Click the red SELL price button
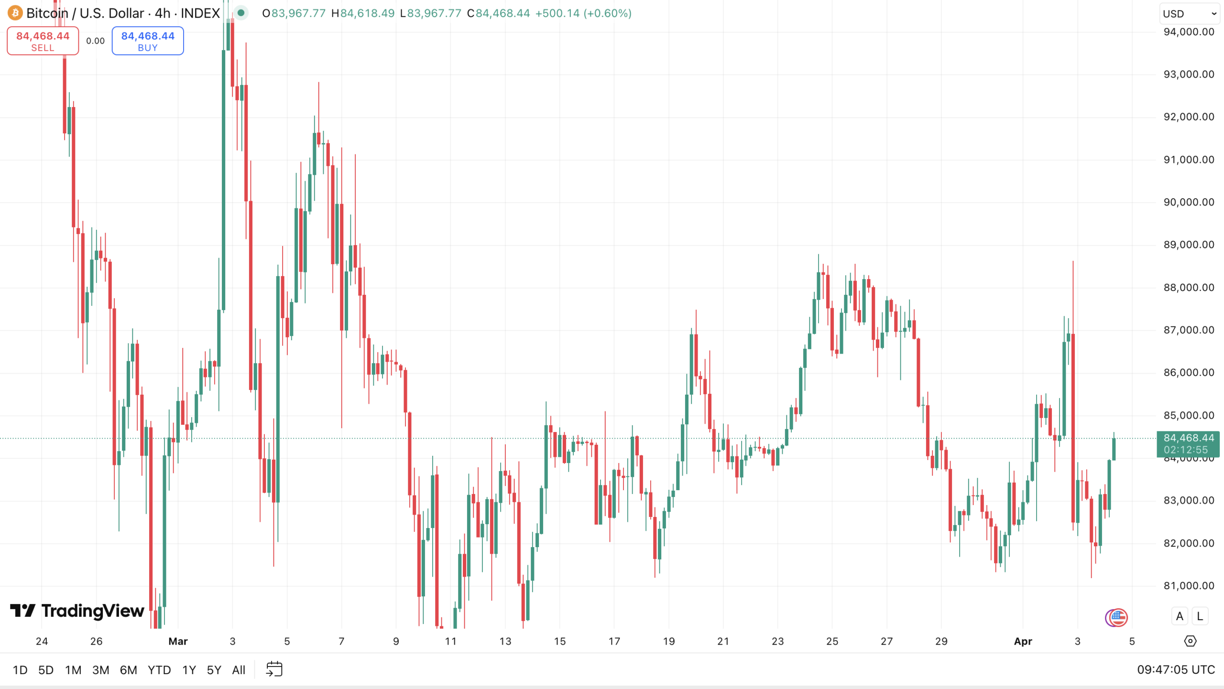point(43,41)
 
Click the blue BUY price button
point(147,41)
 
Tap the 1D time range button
point(20,670)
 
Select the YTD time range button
point(159,670)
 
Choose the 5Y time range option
point(214,670)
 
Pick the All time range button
point(239,670)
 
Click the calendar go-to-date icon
point(274,669)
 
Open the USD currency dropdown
point(1189,13)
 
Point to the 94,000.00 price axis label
point(1189,32)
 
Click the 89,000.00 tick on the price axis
point(1189,245)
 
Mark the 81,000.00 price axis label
point(1189,586)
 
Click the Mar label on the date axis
point(178,641)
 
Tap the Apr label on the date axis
point(1023,641)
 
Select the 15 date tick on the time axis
point(559,641)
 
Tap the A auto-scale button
point(1180,616)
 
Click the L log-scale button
point(1200,616)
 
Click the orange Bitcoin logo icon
point(15,13)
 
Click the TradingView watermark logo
point(77,611)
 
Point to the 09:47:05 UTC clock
point(1176,670)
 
